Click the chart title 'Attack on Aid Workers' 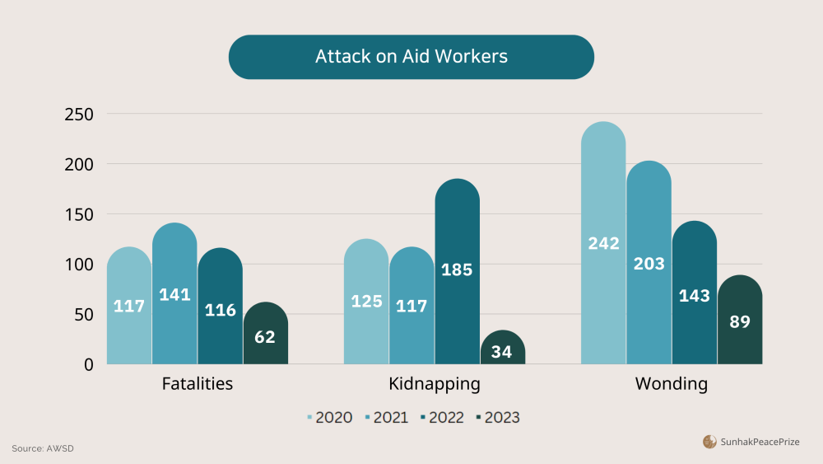(411, 57)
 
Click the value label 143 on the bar (694, 296)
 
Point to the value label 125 (366, 302)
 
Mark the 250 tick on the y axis (79, 115)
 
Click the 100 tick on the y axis (79, 265)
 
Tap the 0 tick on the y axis (88, 364)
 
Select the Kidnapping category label (434, 384)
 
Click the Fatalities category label (197, 384)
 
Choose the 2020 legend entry (329, 417)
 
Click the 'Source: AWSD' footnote (48, 448)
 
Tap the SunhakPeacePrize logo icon (709, 442)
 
